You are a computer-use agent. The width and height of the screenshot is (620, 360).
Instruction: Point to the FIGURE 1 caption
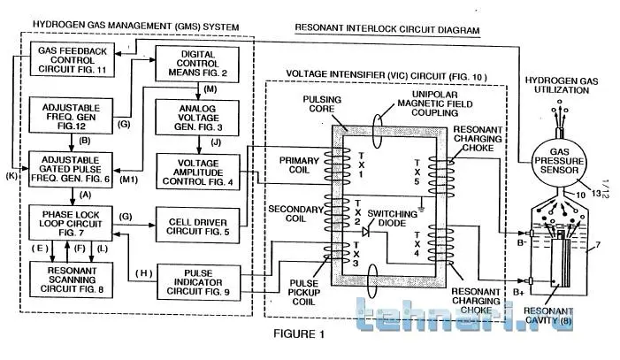[297, 334]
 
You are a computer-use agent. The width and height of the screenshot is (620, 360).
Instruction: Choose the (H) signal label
[142, 272]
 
